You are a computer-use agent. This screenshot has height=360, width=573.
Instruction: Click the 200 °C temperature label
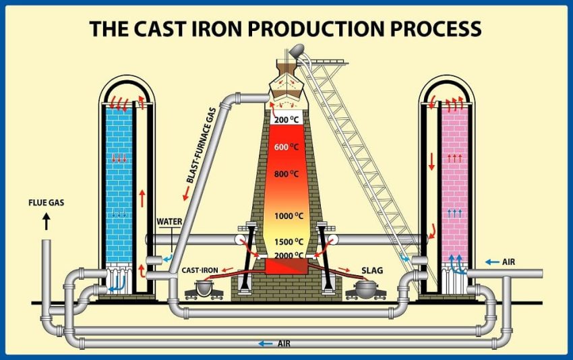click(286, 119)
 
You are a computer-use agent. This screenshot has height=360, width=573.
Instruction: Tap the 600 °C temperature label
click(286, 147)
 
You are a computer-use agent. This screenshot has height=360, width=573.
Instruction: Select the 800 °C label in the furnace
click(286, 174)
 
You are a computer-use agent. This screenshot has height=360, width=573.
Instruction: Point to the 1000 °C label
click(289, 216)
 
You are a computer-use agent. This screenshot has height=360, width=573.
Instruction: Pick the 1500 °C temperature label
click(289, 242)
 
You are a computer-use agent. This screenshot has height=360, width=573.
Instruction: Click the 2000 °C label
click(289, 256)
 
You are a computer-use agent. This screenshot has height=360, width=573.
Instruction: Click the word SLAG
click(372, 270)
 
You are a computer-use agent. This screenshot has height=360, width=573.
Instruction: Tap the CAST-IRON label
click(200, 270)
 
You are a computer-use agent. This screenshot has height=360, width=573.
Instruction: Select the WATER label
click(169, 222)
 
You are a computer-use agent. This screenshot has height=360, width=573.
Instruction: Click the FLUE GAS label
click(47, 202)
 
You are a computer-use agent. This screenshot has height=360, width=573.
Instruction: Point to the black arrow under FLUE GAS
click(47, 222)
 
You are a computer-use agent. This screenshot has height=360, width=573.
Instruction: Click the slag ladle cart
click(365, 289)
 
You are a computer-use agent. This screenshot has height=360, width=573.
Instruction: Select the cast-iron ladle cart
click(204, 289)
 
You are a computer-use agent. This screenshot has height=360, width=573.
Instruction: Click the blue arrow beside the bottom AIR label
click(266, 344)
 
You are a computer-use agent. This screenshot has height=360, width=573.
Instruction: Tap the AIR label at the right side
click(509, 262)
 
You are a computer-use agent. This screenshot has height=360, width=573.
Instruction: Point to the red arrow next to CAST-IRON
click(228, 270)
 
